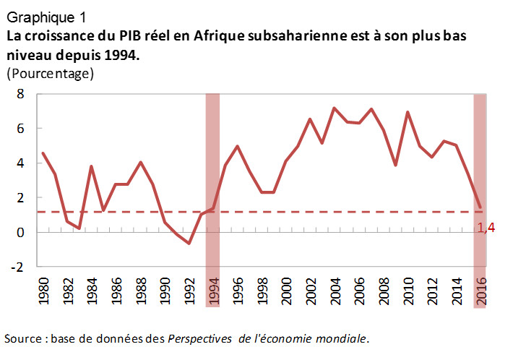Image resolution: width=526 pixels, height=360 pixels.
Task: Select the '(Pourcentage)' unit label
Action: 51,73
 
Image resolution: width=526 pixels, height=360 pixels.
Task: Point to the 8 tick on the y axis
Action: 21,94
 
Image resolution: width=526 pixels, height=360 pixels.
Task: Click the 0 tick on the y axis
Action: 21,232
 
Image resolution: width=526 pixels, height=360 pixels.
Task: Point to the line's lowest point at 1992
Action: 189,244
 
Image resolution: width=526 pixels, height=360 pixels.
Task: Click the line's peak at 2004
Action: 334,108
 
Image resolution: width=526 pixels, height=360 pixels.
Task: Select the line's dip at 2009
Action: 394,165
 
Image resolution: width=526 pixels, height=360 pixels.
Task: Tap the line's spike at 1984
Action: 92,166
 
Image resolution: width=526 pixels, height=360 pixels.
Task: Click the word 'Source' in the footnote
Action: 22,338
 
